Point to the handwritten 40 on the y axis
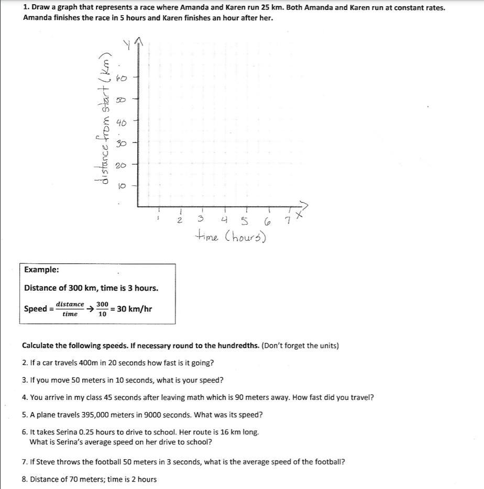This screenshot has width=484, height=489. pyautogui.click(x=120, y=124)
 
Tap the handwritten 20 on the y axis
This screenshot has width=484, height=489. pyautogui.click(x=120, y=165)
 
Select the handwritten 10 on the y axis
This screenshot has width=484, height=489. pyautogui.click(x=121, y=185)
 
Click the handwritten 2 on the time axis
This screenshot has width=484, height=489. pyautogui.click(x=179, y=220)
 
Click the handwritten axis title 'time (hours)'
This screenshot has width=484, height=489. pyautogui.click(x=230, y=237)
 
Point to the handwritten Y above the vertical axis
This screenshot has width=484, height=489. pyautogui.click(x=127, y=46)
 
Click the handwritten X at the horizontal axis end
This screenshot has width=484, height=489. pyautogui.click(x=299, y=215)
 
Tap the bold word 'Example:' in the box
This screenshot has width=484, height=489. pyautogui.click(x=41, y=270)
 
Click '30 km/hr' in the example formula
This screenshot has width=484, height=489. pyautogui.click(x=135, y=308)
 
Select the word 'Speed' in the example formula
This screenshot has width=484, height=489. pyautogui.click(x=36, y=308)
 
